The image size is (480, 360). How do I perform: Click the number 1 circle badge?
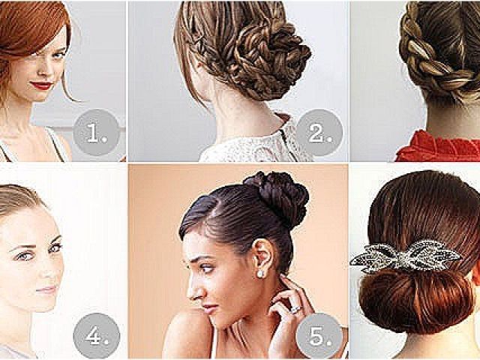coord(97,132)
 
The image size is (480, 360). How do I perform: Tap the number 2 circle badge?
coord(319,132)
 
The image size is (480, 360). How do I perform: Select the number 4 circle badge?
coord(97,335)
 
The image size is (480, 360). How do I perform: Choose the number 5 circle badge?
coord(319,335)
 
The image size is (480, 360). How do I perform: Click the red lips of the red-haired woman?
coord(42,85)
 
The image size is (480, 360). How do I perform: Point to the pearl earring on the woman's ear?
coord(261,273)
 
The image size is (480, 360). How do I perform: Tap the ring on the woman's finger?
coord(295,309)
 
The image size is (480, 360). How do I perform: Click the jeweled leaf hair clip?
coord(406,256)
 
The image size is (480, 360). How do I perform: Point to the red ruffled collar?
coord(438,147)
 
